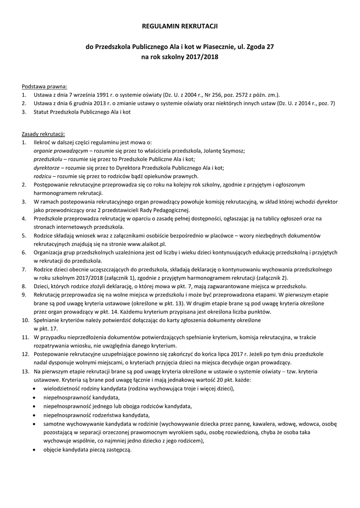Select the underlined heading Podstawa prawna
tap(45, 86)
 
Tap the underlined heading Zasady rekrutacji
tap(43, 134)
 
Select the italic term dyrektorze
tap(47, 167)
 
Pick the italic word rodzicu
tap(43, 176)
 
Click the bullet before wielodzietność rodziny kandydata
tap(34, 389)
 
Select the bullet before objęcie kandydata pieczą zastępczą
tap(34, 450)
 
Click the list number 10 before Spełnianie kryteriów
tap(25, 320)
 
